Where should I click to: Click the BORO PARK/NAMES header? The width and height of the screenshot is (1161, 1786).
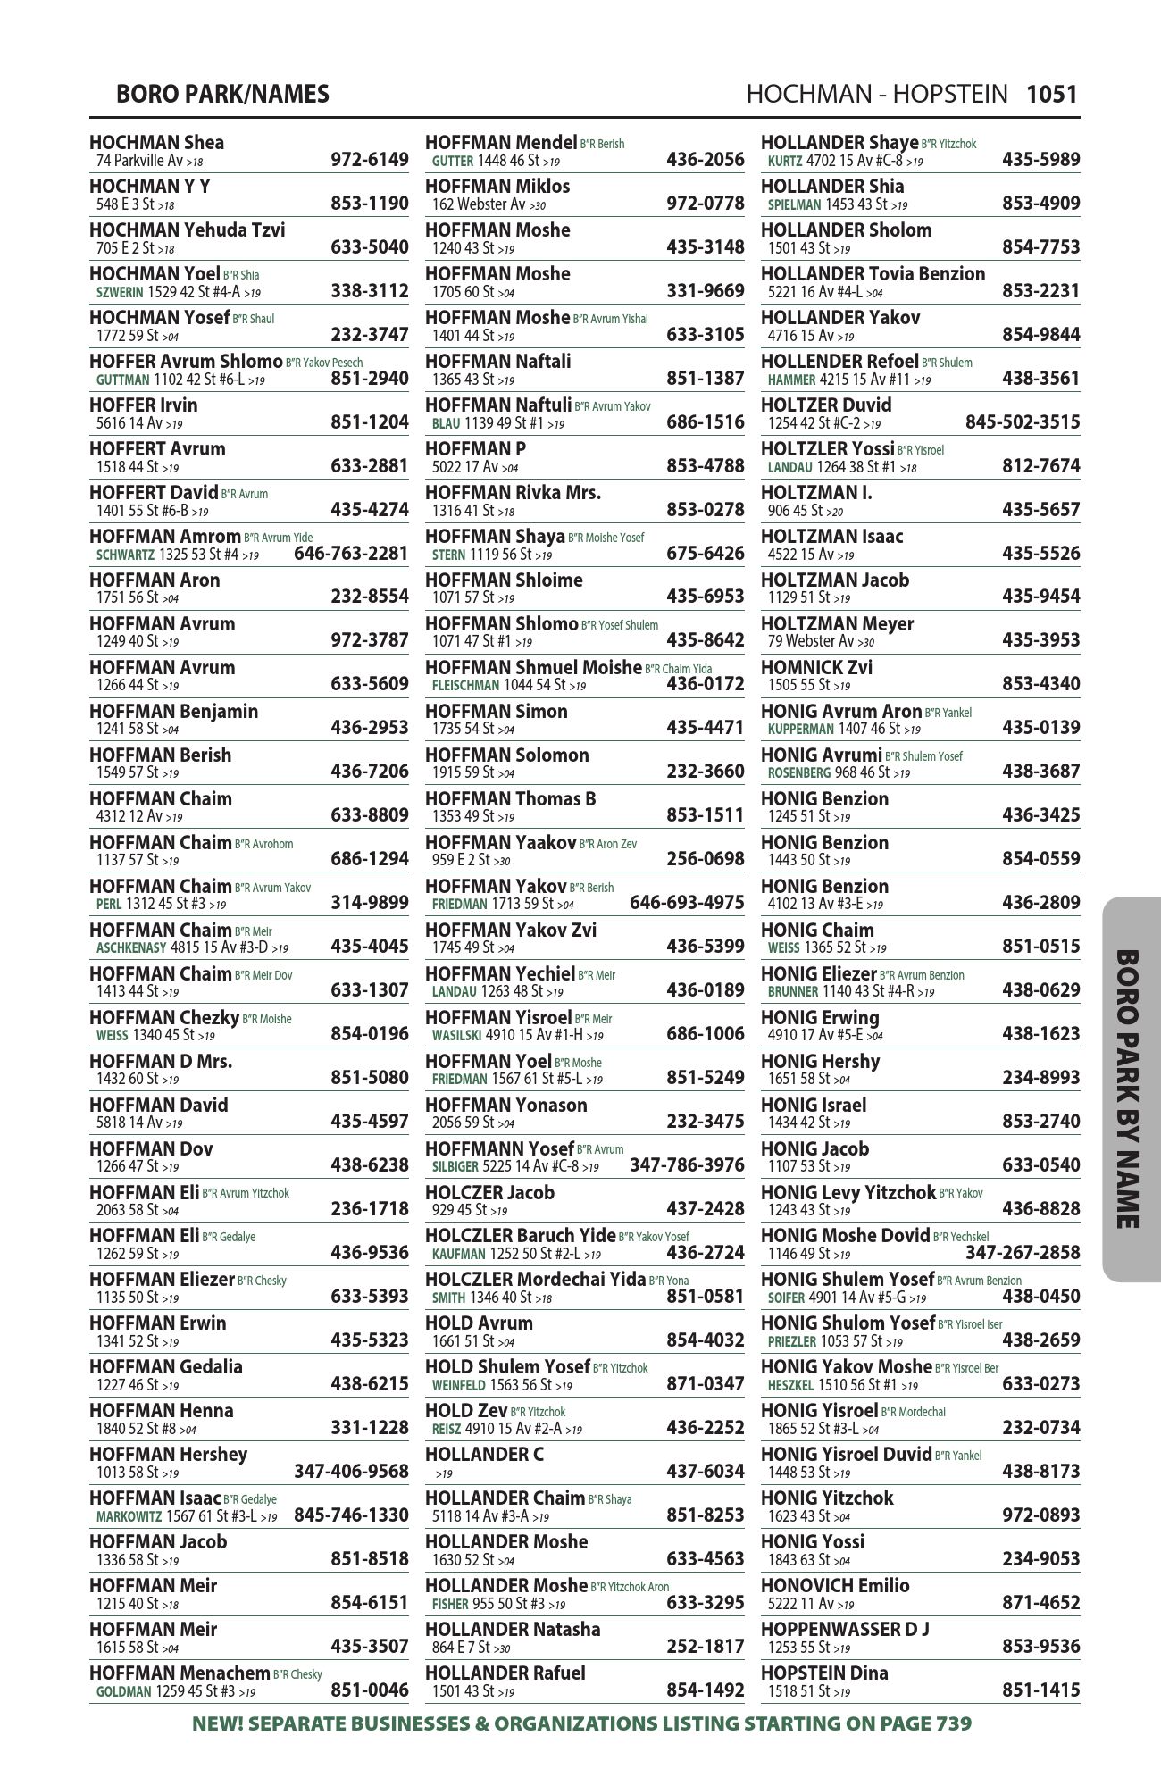point(222,94)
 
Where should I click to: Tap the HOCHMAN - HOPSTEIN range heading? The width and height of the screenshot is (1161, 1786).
point(876,94)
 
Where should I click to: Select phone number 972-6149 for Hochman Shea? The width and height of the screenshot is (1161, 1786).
point(369,160)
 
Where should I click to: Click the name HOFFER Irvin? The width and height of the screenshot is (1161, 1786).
point(143,405)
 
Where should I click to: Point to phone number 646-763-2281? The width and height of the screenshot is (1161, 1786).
point(351,554)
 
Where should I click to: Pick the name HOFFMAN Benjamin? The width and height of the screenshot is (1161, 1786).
point(173,712)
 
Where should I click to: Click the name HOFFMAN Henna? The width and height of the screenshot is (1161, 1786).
point(161,1411)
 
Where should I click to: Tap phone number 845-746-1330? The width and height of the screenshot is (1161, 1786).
point(351,1515)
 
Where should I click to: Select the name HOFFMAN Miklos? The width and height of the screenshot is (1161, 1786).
point(497,187)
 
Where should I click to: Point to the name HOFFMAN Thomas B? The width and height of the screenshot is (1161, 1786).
point(510,799)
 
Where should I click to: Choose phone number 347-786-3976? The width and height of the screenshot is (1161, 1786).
point(687,1165)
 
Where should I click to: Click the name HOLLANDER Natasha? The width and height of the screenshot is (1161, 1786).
point(513,1630)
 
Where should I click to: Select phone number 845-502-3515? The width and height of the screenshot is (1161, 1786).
point(1023,422)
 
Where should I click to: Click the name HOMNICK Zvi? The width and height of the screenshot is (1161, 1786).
point(816,668)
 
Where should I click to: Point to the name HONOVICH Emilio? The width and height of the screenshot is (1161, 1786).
point(834,1586)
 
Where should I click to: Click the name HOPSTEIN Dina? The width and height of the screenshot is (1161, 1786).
point(823,1673)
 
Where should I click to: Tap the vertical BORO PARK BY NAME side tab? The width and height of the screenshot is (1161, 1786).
point(1131,1089)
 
